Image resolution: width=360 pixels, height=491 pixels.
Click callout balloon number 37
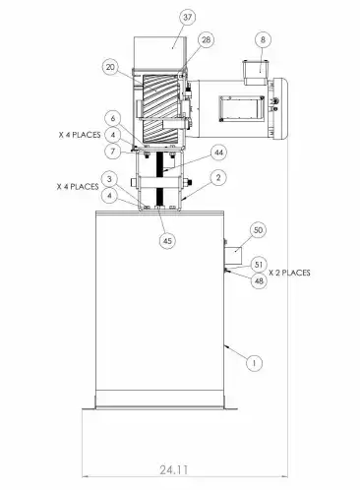[187, 17]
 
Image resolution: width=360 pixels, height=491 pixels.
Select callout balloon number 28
[206, 40]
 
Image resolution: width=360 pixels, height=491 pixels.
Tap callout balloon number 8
[263, 39]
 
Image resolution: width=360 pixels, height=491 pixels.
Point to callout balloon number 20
[110, 67]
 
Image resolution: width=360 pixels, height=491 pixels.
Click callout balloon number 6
[113, 118]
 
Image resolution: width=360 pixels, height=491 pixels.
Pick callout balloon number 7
[113, 152]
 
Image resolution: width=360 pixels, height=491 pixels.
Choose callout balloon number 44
[218, 153]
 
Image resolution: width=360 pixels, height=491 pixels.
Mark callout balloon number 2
[218, 178]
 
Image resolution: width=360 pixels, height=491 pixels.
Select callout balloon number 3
[110, 179]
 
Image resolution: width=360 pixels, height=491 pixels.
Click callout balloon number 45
[167, 241]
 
